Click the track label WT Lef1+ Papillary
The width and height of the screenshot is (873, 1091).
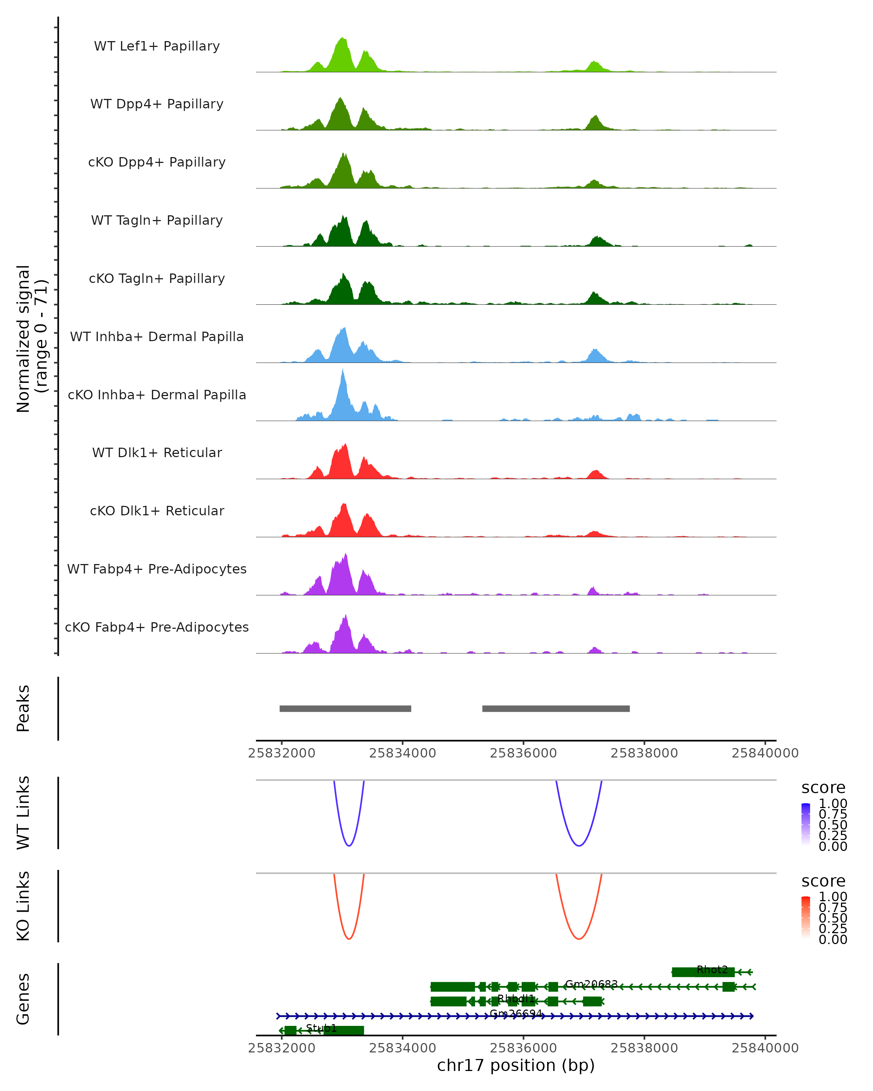[x=157, y=46]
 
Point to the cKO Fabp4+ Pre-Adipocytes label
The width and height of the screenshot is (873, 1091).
[x=157, y=627]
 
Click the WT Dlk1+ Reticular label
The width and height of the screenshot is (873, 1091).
[x=157, y=452]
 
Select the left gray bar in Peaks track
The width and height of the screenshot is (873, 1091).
[x=345, y=708]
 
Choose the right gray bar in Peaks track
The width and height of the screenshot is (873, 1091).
[x=556, y=708]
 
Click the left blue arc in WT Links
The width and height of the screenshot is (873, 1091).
[x=349, y=845]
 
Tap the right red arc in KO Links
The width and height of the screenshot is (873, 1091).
[x=578, y=939]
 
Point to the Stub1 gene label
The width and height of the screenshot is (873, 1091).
[x=321, y=1028]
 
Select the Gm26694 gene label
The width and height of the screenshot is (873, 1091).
[x=516, y=1014]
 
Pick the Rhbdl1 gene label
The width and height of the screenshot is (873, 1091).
[x=516, y=998]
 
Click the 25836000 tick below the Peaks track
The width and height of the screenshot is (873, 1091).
[x=523, y=753]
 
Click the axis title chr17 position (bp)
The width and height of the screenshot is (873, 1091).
[x=516, y=1066]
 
